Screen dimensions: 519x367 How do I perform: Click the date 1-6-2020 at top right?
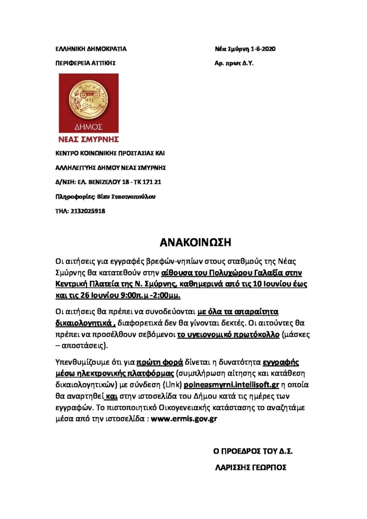263,49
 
